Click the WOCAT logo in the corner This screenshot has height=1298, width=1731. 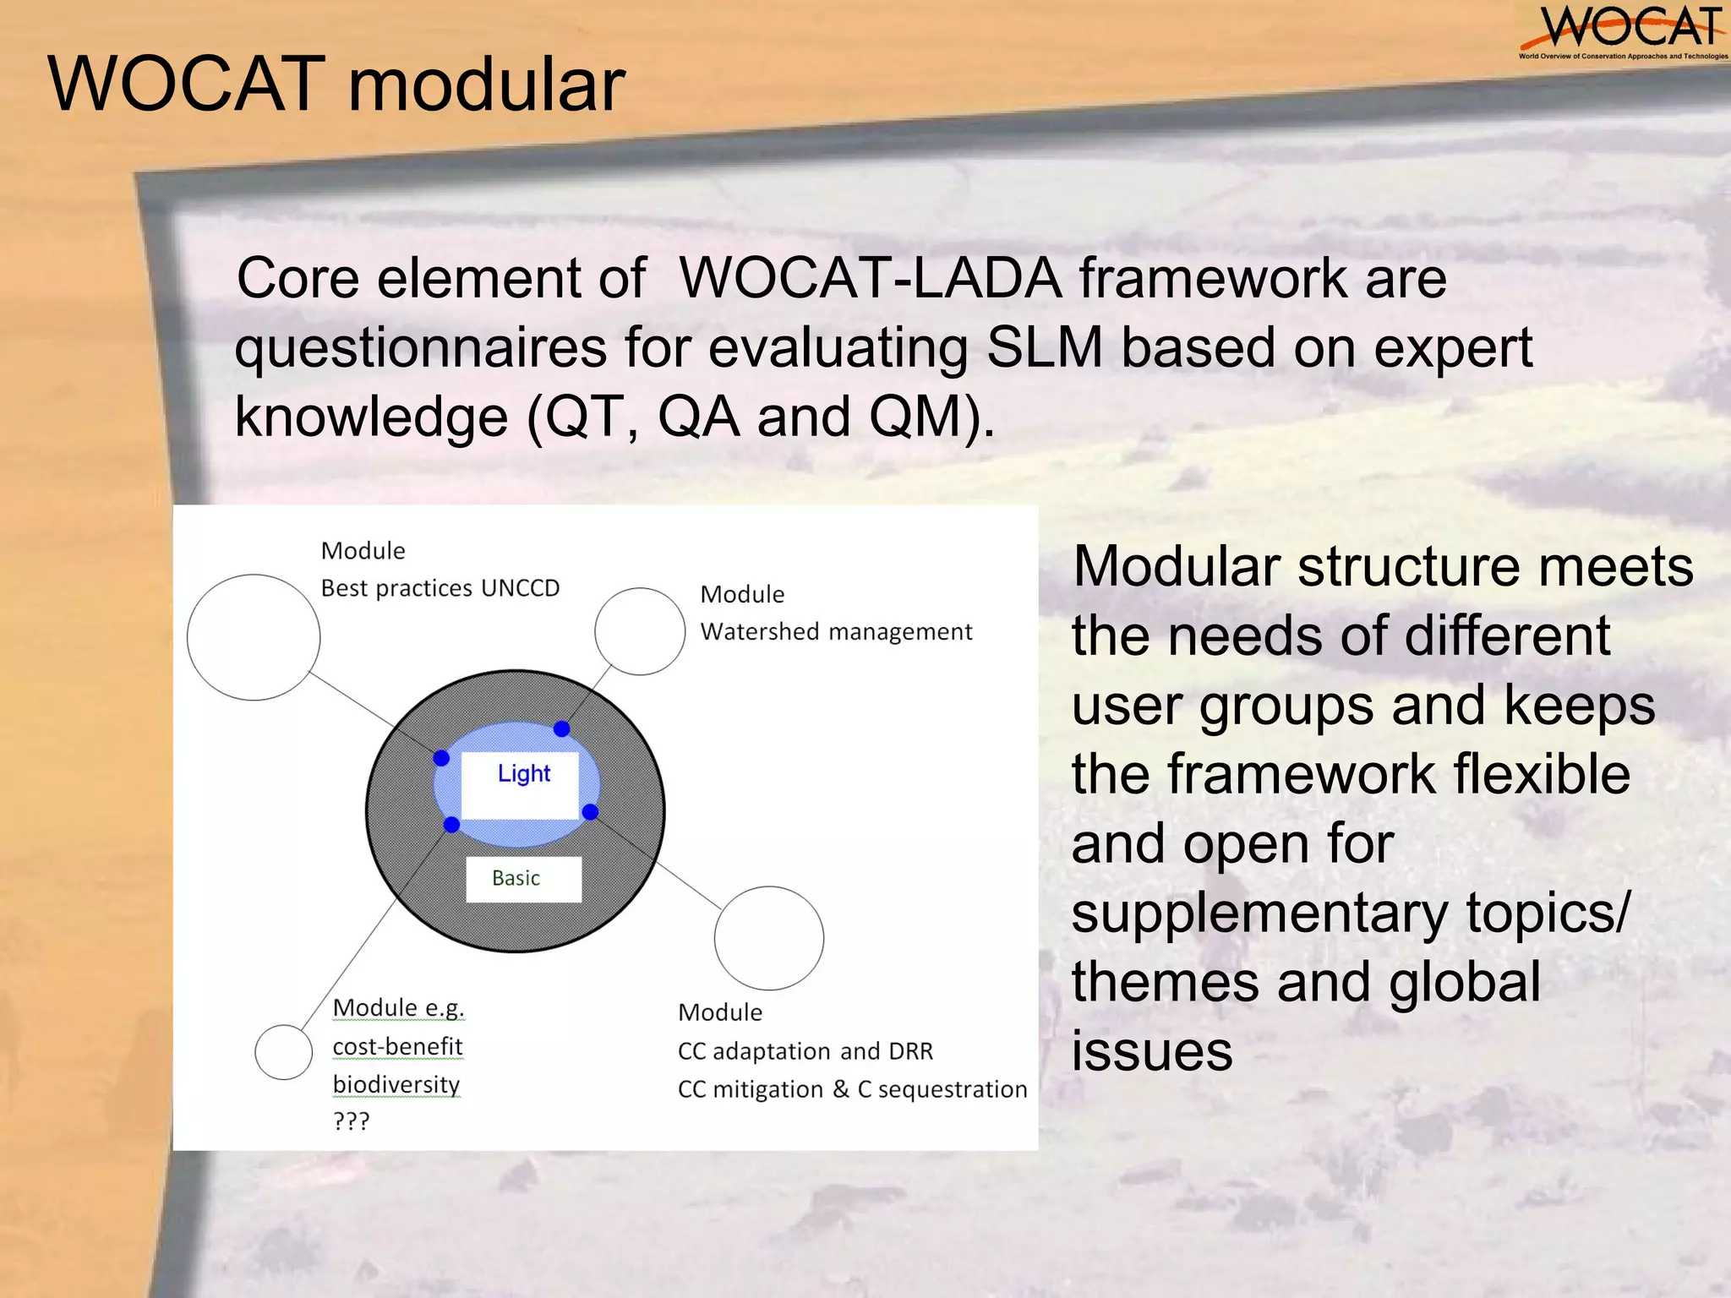click(x=1623, y=32)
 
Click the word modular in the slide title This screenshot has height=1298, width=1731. click(x=486, y=85)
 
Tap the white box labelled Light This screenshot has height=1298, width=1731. click(x=521, y=785)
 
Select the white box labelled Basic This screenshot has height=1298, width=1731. click(x=523, y=879)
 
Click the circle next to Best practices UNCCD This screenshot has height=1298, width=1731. click(x=254, y=637)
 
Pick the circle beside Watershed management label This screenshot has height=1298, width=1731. click(x=640, y=631)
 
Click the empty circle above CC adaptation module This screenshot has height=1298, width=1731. click(x=768, y=938)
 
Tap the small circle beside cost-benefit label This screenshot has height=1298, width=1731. click(x=284, y=1052)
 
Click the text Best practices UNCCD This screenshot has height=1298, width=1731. click(x=440, y=588)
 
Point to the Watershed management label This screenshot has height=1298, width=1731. click(x=835, y=632)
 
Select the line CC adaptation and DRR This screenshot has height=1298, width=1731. click(x=805, y=1051)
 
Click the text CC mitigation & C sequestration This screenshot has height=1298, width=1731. click(x=852, y=1089)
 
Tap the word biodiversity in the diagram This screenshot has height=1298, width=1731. click(x=396, y=1084)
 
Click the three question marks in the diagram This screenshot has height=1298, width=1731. click(x=351, y=1121)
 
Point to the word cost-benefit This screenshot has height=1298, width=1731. click(x=397, y=1046)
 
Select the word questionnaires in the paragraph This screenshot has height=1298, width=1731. click(x=421, y=347)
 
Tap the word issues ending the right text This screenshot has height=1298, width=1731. click(x=1151, y=1052)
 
